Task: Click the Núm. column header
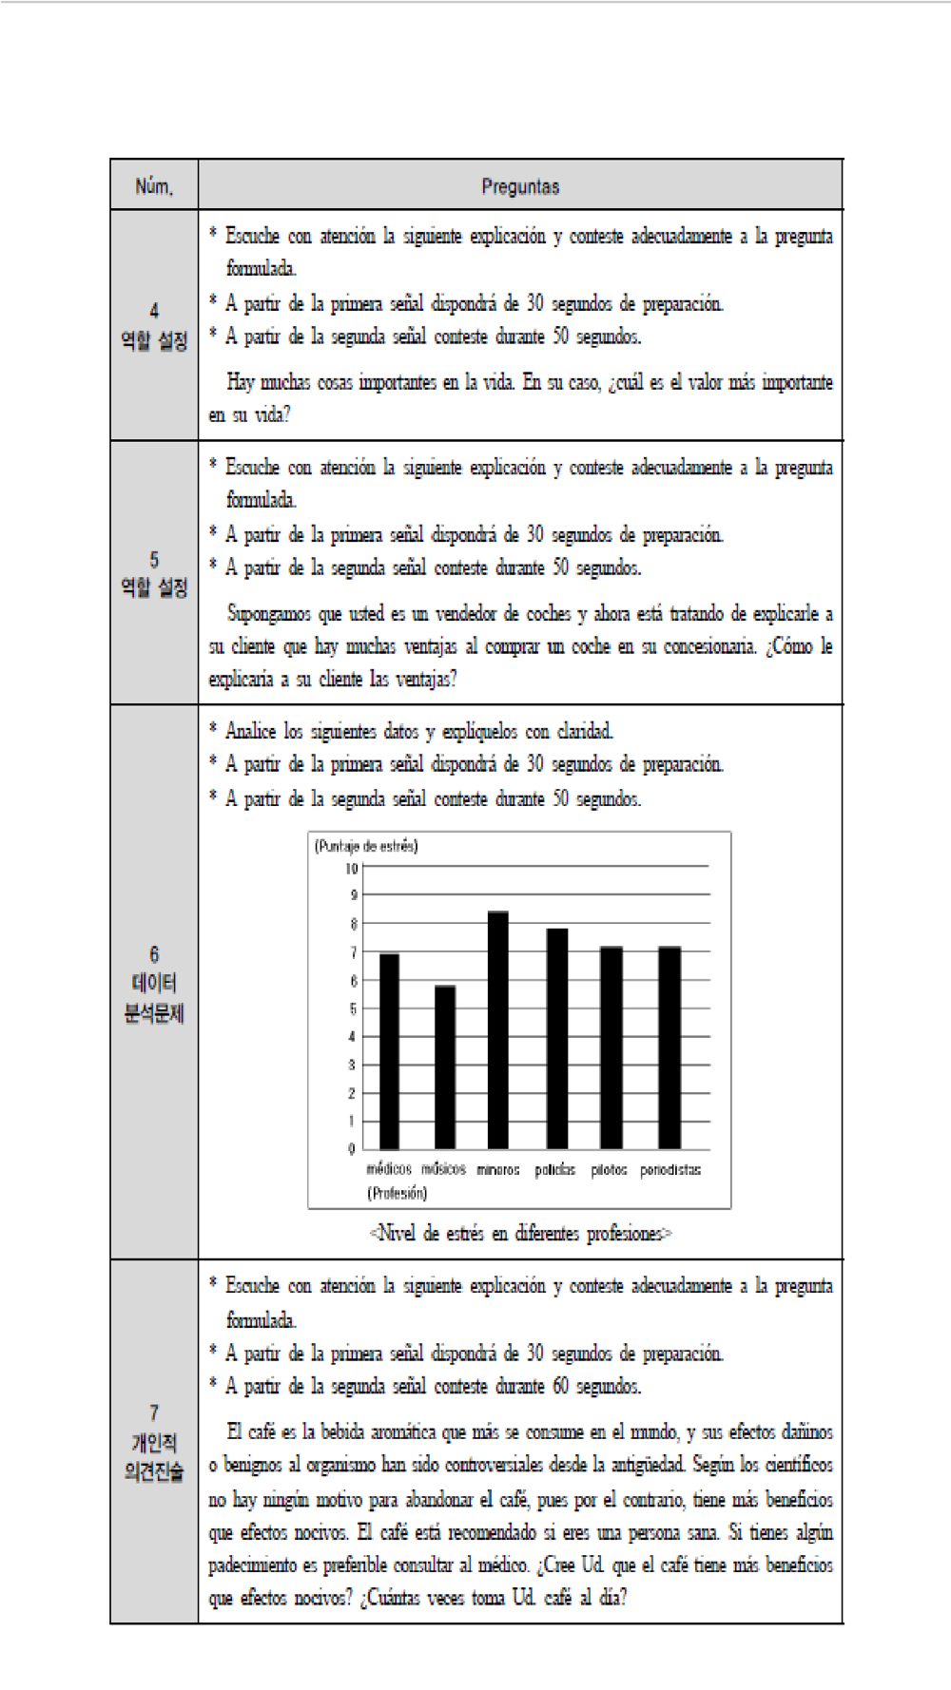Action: (154, 186)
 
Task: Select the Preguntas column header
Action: (519, 186)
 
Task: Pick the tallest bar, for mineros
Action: (498, 1030)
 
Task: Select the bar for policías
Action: (556, 1039)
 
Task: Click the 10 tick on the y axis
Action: (351, 868)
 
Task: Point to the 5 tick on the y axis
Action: (353, 1008)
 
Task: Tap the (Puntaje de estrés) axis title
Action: (366, 846)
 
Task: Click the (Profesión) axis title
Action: (398, 1193)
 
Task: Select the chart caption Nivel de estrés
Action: (520, 1234)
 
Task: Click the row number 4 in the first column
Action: (154, 311)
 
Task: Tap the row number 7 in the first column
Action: (154, 1413)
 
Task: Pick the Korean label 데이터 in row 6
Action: (154, 984)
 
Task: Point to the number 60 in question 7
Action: (562, 1387)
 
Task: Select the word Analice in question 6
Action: (250, 731)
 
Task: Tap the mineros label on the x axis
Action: (498, 1170)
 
